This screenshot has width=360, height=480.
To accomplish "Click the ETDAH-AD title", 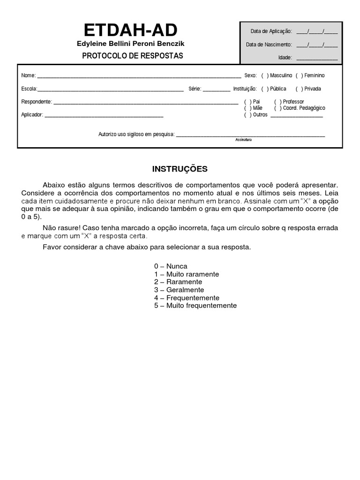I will point(131,30).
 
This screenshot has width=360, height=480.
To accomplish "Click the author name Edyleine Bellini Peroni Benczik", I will point(131,44).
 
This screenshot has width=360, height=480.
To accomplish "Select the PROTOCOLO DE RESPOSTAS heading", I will point(133,56).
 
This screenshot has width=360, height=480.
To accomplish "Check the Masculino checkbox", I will point(265,75).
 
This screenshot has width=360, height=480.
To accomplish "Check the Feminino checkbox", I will point(299,75).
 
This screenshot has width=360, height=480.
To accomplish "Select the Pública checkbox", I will point(265,89).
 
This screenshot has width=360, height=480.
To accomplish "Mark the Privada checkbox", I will point(299,89).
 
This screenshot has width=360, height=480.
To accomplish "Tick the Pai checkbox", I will point(247,102).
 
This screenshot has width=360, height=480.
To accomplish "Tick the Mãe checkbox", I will point(247,108).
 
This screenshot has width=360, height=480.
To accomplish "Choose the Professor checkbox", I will point(278,102).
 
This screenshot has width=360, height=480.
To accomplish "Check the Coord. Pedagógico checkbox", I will point(278,108).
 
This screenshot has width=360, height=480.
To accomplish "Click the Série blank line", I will point(217,89).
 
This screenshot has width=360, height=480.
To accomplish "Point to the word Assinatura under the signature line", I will point(243,140).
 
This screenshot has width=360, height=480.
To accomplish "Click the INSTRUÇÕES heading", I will point(180,169).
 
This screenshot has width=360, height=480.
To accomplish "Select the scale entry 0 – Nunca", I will point(171,266).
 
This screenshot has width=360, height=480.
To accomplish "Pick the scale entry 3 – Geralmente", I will point(179,290).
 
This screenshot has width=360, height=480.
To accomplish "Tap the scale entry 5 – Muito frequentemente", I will point(195,306).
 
